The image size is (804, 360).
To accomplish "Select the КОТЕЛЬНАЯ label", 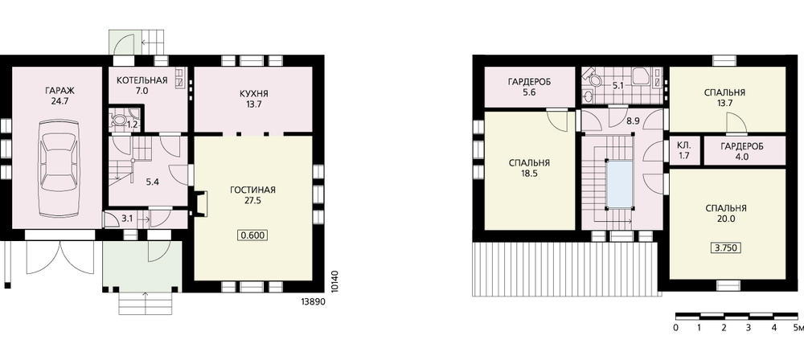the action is coord(142,80).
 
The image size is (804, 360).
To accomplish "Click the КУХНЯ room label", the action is coord(254,94).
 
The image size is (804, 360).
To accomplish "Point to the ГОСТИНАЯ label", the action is coord(252,190).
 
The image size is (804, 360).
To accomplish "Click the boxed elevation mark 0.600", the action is coord(252,235).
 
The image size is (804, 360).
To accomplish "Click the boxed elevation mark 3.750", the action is coord(725,248).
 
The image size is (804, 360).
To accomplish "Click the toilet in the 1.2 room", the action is coord(118,120).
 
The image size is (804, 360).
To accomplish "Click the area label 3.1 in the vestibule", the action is coord(127,219).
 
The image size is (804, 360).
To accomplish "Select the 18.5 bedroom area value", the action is coord(529,174).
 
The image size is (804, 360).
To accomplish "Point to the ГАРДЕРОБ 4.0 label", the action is coord(741,152).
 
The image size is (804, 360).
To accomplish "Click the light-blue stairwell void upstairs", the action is coord(619,183).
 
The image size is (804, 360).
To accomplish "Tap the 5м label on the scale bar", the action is coord(798,328).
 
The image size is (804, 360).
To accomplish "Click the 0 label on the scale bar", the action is coord(676,328).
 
